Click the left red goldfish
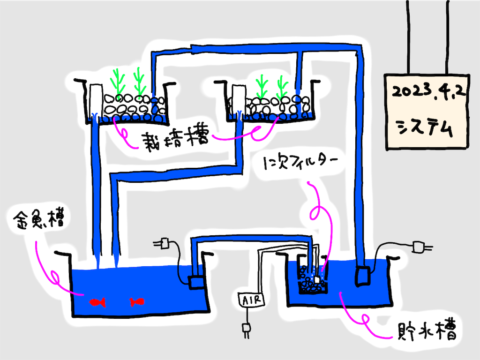click(97, 302)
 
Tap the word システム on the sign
click(425, 127)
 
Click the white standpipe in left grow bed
click(96, 98)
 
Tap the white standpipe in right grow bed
click(239, 99)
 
